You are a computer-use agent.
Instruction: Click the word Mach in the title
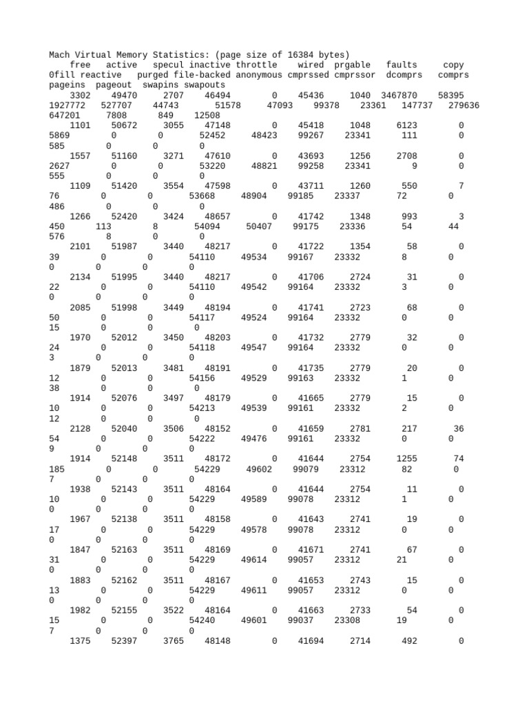(60, 54)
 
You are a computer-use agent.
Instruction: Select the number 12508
(207, 115)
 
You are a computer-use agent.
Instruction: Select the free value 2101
(81, 246)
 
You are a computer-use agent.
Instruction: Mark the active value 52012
(124, 337)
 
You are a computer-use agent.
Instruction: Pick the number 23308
(347, 620)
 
